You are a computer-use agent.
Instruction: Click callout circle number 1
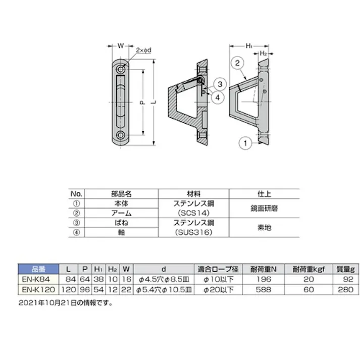pyautogui.click(x=244, y=144)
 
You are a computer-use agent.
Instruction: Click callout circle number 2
pyautogui.click(x=238, y=63)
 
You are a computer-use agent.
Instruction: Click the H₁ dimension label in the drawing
pyautogui.click(x=249, y=45)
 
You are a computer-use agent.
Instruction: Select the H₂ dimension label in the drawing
pyautogui.click(x=263, y=53)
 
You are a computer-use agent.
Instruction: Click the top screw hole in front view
pyautogui.click(x=121, y=68)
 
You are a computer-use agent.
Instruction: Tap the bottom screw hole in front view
pyautogui.click(x=121, y=136)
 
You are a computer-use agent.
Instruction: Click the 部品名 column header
pyautogui.click(x=121, y=193)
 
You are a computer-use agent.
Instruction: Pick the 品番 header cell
pyautogui.click(x=37, y=269)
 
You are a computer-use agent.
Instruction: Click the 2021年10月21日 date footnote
pyautogui.click(x=66, y=303)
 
